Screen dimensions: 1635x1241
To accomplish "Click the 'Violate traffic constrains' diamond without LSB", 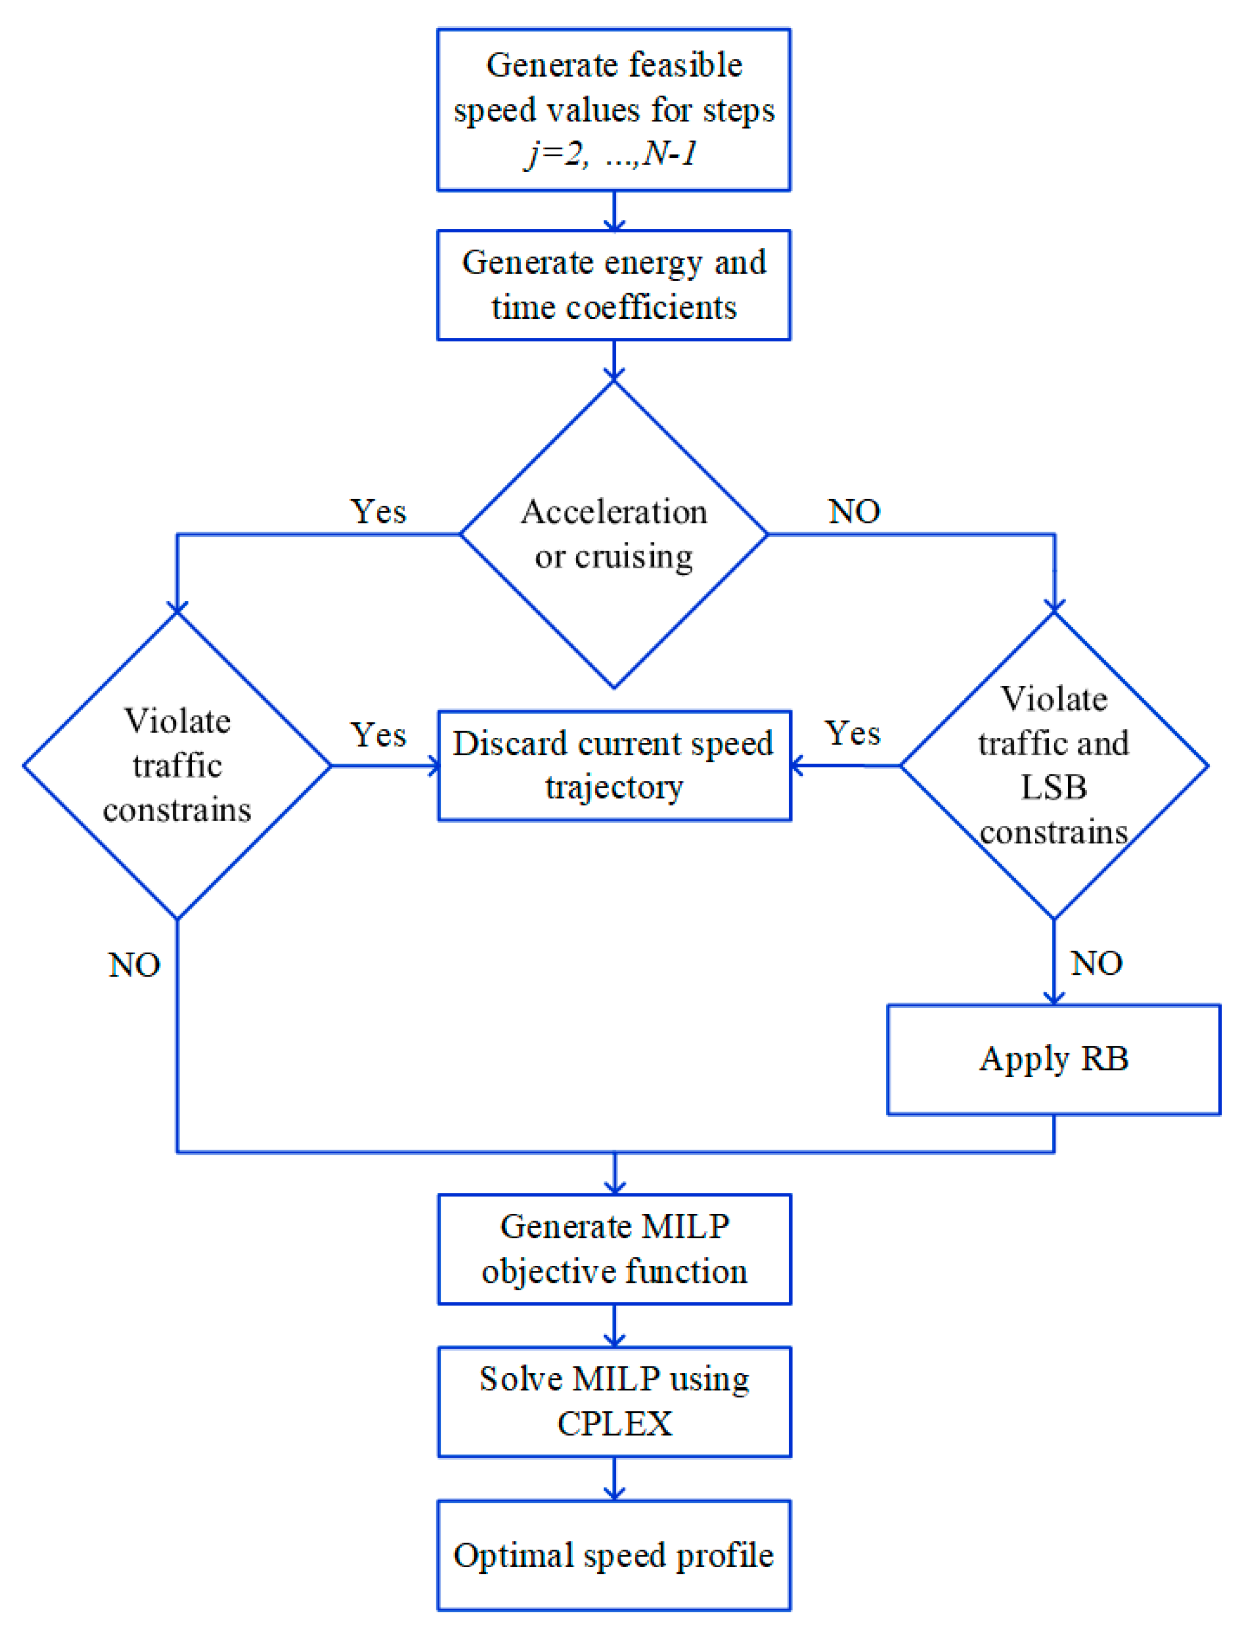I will click(x=177, y=765).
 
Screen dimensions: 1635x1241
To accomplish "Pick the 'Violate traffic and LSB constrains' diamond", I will click(x=1053, y=765).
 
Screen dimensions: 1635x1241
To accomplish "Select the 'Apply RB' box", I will click(x=1053, y=1059).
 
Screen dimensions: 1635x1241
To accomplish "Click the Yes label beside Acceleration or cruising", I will click(x=378, y=512).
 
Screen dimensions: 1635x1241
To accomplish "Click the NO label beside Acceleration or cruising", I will click(x=854, y=512).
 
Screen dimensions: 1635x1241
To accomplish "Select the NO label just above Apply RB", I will click(x=1096, y=963).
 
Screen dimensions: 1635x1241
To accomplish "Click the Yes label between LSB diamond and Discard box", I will click(x=852, y=733).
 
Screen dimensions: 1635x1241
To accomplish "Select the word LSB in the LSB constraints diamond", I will click(x=1053, y=787).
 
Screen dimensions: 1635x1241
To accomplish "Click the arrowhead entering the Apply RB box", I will click(x=1053, y=998).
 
